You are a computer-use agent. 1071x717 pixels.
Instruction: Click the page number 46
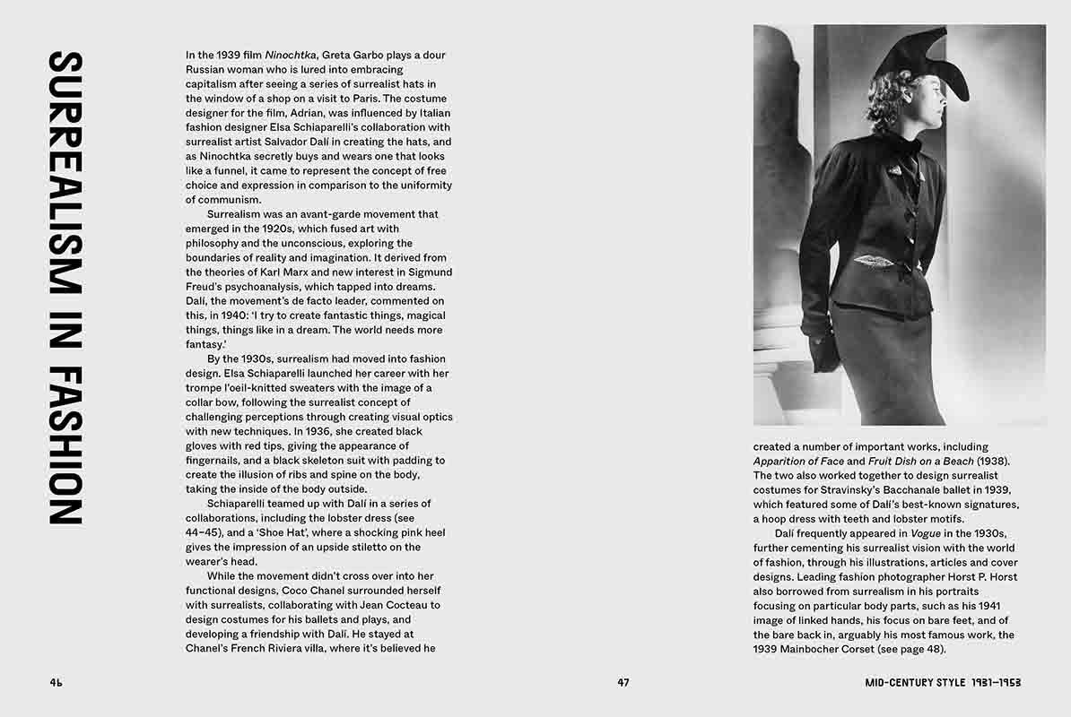(56, 682)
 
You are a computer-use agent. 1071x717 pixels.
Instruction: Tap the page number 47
(623, 682)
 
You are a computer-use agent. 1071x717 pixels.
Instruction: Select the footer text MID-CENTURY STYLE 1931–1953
(943, 682)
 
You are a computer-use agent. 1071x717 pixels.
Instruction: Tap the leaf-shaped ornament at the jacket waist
(875, 261)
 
